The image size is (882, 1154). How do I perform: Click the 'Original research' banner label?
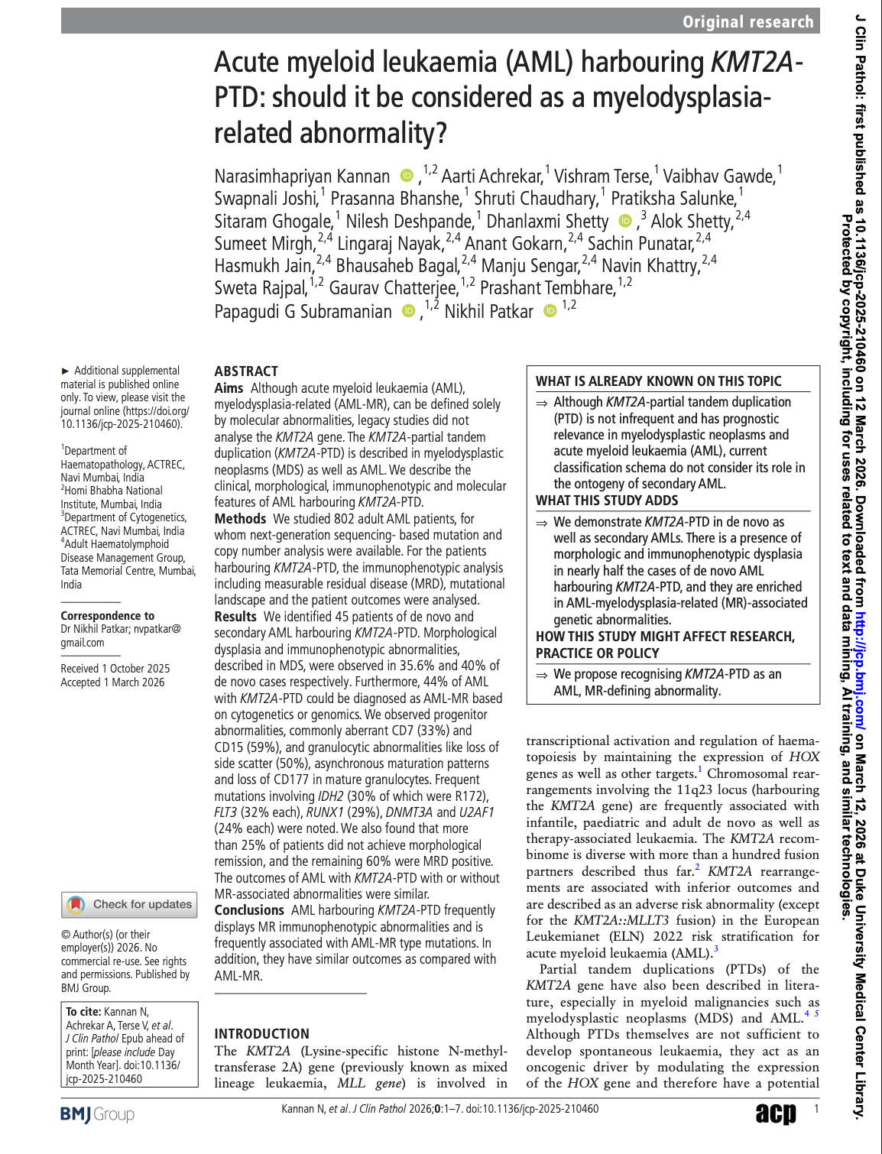click(x=747, y=21)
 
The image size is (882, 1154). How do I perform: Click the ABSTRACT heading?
click(x=246, y=371)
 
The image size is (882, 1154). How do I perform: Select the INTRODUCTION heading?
click(x=261, y=1033)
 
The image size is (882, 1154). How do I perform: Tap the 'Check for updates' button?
click(x=130, y=905)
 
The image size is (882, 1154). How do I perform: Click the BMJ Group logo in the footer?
click(x=97, y=1114)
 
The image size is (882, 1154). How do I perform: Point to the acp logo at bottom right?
click(x=776, y=1113)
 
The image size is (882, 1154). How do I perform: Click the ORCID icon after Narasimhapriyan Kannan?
click(x=407, y=177)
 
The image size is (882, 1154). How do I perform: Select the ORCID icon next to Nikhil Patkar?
click(x=550, y=311)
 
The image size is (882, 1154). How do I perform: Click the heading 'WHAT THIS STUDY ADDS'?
click(x=607, y=501)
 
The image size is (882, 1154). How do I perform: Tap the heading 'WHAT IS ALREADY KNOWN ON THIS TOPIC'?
click(x=658, y=381)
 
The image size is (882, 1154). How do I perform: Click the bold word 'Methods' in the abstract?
click(x=240, y=519)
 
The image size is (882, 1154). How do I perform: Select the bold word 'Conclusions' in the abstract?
click(x=249, y=910)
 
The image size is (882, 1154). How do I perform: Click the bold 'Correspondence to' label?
click(x=107, y=616)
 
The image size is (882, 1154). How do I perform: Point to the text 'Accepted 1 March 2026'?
click(x=112, y=682)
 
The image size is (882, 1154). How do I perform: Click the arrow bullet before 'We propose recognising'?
click(x=541, y=675)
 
